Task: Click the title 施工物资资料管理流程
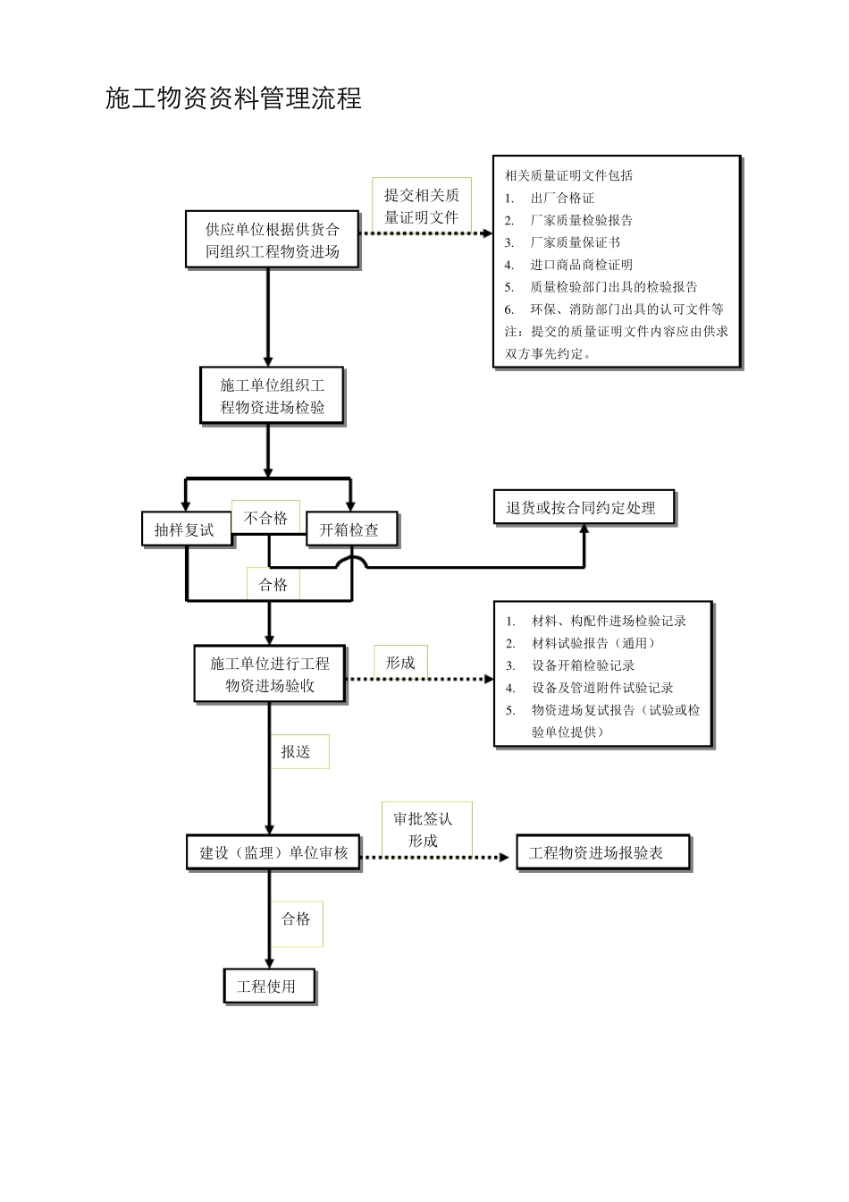tap(233, 98)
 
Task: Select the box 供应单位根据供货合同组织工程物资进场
tap(273, 240)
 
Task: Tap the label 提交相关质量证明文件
tap(421, 206)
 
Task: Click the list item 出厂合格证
tap(561, 198)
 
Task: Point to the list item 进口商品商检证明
tap(581, 265)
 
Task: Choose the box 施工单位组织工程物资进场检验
tap(272, 396)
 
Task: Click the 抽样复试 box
tap(185, 529)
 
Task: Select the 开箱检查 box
tap(350, 529)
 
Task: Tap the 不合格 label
tap(265, 519)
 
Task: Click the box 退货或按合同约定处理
tap(584, 508)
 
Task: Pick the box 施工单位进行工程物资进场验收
tap(270, 674)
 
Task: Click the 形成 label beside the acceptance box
tap(399, 663)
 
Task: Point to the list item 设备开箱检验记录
tap(583, 665)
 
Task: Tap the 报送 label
tap(297, 752)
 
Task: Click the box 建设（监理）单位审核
tap(273, 852)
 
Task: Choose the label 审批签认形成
tap(424, 829)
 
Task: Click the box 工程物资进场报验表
tap(601, 853)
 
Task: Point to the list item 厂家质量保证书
tap(575, 242)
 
